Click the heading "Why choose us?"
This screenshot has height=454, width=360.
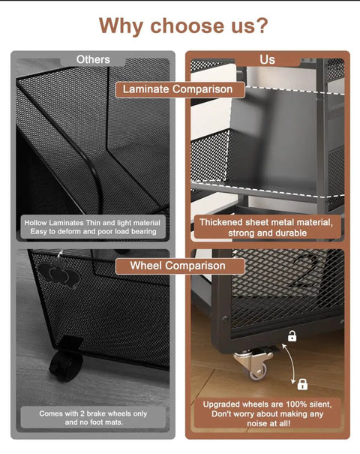point(184,26)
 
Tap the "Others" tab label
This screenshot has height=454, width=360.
point(93,59)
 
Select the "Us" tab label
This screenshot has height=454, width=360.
point(267,59)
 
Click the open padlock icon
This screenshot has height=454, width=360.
point(292,336)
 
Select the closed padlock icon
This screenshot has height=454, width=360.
point(302,384)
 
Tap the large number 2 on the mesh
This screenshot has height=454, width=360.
point(303,272)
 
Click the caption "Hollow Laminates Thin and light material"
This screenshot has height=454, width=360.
point(92,223)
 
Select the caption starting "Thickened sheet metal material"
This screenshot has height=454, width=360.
point(266,227)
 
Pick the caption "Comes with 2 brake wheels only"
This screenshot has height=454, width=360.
point(93,413)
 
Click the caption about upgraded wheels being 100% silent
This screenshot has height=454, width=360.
point(268,413)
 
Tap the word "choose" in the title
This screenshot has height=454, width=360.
point(188,26)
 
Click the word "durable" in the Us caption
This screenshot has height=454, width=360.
point(289,233)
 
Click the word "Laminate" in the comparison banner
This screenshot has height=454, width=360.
point(145,89)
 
